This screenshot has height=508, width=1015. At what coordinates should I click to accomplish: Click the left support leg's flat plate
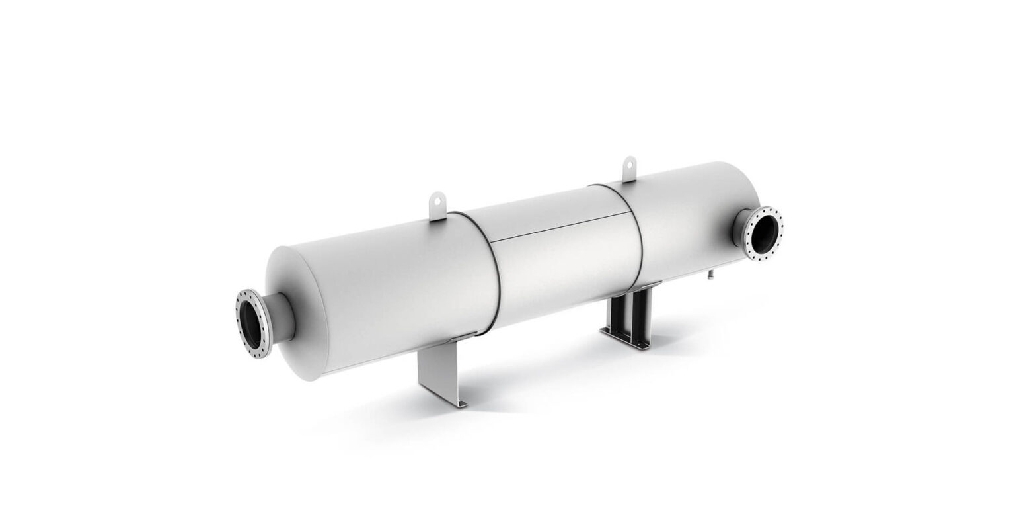tap(435, 374)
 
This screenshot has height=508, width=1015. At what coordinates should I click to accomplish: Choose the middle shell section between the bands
tap(568, 265)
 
